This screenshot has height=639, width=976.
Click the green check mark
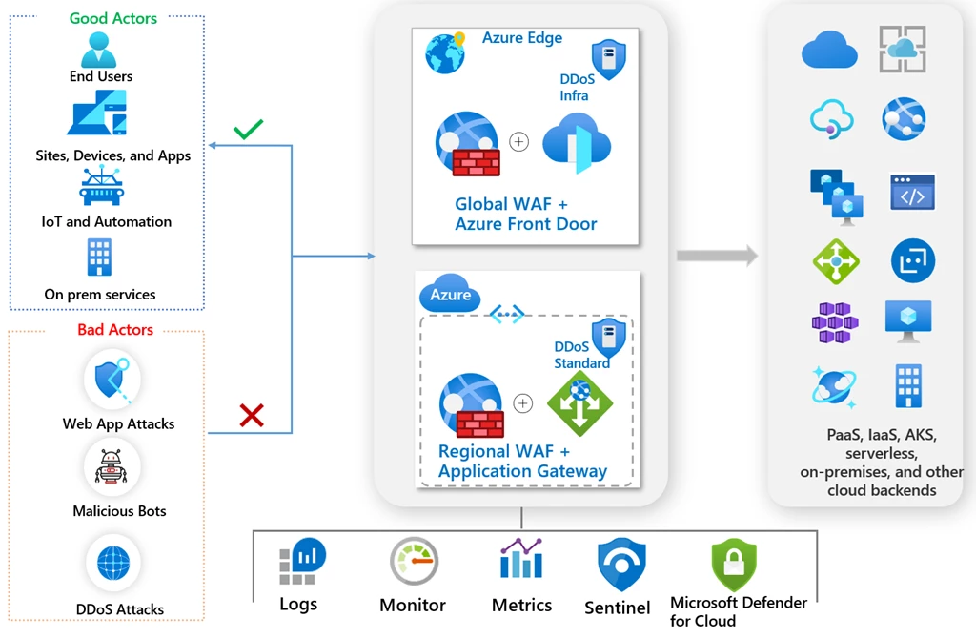[248, 129]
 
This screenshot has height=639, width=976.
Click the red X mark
[252, 416]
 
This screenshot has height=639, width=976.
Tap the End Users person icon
[99, 50]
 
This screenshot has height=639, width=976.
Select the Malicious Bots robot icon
[112, 467]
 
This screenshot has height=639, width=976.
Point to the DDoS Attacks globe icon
[114, 563]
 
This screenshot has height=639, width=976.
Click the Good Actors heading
[113, 19]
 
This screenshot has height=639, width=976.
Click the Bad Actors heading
[115, 329]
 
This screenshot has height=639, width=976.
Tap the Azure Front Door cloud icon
[577, 143]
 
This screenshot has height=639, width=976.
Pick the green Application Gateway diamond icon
[580, 403]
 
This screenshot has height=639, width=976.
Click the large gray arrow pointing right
[717, 256]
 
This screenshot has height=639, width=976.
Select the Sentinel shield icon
[621, 565]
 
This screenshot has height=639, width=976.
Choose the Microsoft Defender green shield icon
[735, 565]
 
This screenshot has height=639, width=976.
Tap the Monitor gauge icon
[414, 561]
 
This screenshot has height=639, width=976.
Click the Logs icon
[302, 561]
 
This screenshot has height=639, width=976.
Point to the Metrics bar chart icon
[521, 558]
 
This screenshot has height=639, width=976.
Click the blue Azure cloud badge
[450, 294]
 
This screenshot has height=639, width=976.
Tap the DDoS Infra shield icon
[608, 59]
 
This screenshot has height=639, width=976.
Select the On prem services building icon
[99, 258]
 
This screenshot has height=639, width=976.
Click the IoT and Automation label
[107, 221]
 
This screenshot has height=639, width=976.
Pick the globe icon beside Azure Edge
[445, 53]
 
